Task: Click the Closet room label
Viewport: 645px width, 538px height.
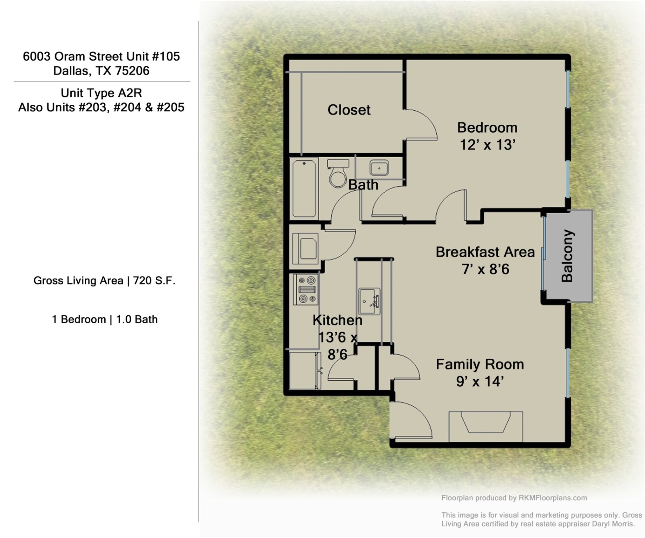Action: tap(349, 110)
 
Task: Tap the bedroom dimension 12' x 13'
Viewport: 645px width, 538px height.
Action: tap(487, 145)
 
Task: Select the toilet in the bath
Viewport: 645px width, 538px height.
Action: tap(338, 174)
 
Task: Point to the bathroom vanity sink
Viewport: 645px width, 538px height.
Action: tap(379, 168)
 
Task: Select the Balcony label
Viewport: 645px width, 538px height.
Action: tap(567, 256)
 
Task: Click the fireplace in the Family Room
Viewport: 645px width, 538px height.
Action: tap(486, 424)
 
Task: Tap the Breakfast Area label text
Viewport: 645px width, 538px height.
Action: tap(485, 252)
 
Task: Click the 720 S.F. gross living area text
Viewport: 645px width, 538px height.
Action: tap(154, 281)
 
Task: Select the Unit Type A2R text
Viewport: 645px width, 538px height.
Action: tap(101, 93)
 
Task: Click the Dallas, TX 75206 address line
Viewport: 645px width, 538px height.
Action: tap(101, 71)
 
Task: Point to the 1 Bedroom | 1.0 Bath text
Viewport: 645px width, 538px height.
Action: tap(105, 319)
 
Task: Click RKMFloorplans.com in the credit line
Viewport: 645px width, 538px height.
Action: tap(553, 498)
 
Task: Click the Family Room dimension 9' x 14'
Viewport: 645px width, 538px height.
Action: tap(480, 381)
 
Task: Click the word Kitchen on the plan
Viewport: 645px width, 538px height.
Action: tap(337, 320)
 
